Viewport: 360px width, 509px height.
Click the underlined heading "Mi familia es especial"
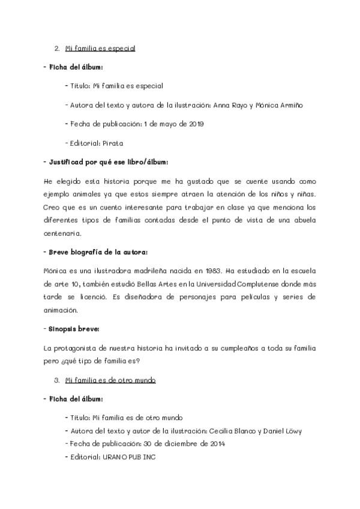(100, 48)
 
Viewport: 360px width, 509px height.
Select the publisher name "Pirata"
(115, 143)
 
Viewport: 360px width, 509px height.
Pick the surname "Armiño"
(289, 105)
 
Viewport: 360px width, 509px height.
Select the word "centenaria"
(62, 233)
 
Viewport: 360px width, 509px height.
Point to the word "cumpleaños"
(245, 348)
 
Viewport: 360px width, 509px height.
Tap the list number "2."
(56, 48)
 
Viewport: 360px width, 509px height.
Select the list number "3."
(56, 380)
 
